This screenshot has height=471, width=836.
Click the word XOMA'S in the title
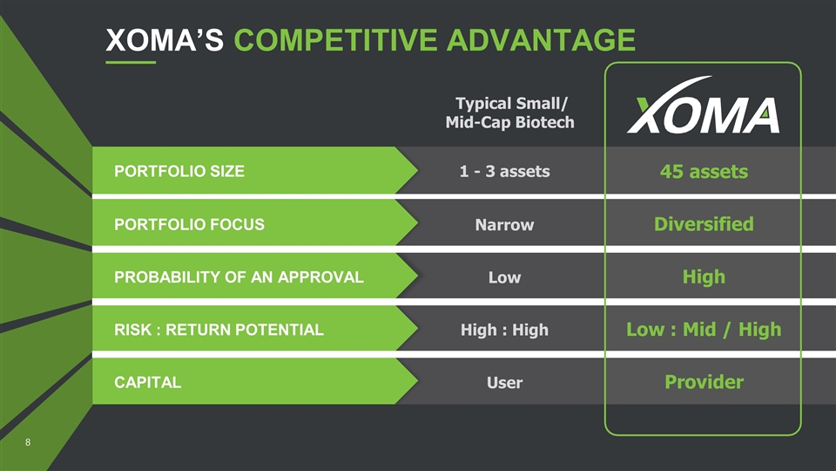click(165, 40)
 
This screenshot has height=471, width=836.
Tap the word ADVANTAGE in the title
click(541, 40)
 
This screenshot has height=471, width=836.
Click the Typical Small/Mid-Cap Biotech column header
click(510, 113)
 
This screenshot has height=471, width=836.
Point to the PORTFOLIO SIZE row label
click(179, 171)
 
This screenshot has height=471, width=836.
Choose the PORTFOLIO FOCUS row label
click(189, 224)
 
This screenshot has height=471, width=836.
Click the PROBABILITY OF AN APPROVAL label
click(239, 277)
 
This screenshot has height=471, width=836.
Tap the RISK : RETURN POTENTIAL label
click(219, 330)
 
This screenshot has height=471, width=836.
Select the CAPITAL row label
click(148, 382)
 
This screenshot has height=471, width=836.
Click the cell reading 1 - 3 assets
click(504, 171)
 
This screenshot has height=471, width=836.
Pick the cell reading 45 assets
click(704, 172)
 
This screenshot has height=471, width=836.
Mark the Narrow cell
click(504, 224)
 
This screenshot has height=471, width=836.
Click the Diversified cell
click(704, 224)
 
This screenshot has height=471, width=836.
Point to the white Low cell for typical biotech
click(504, 277)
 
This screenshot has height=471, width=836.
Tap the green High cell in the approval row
click(704, 277)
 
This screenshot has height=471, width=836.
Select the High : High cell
click(504, 330)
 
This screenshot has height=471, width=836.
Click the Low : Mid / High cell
click(704, 330)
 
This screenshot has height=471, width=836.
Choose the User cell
click(504, 382)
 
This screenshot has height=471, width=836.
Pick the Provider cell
click(704, 382)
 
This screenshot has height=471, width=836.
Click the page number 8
click(28, 442)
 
